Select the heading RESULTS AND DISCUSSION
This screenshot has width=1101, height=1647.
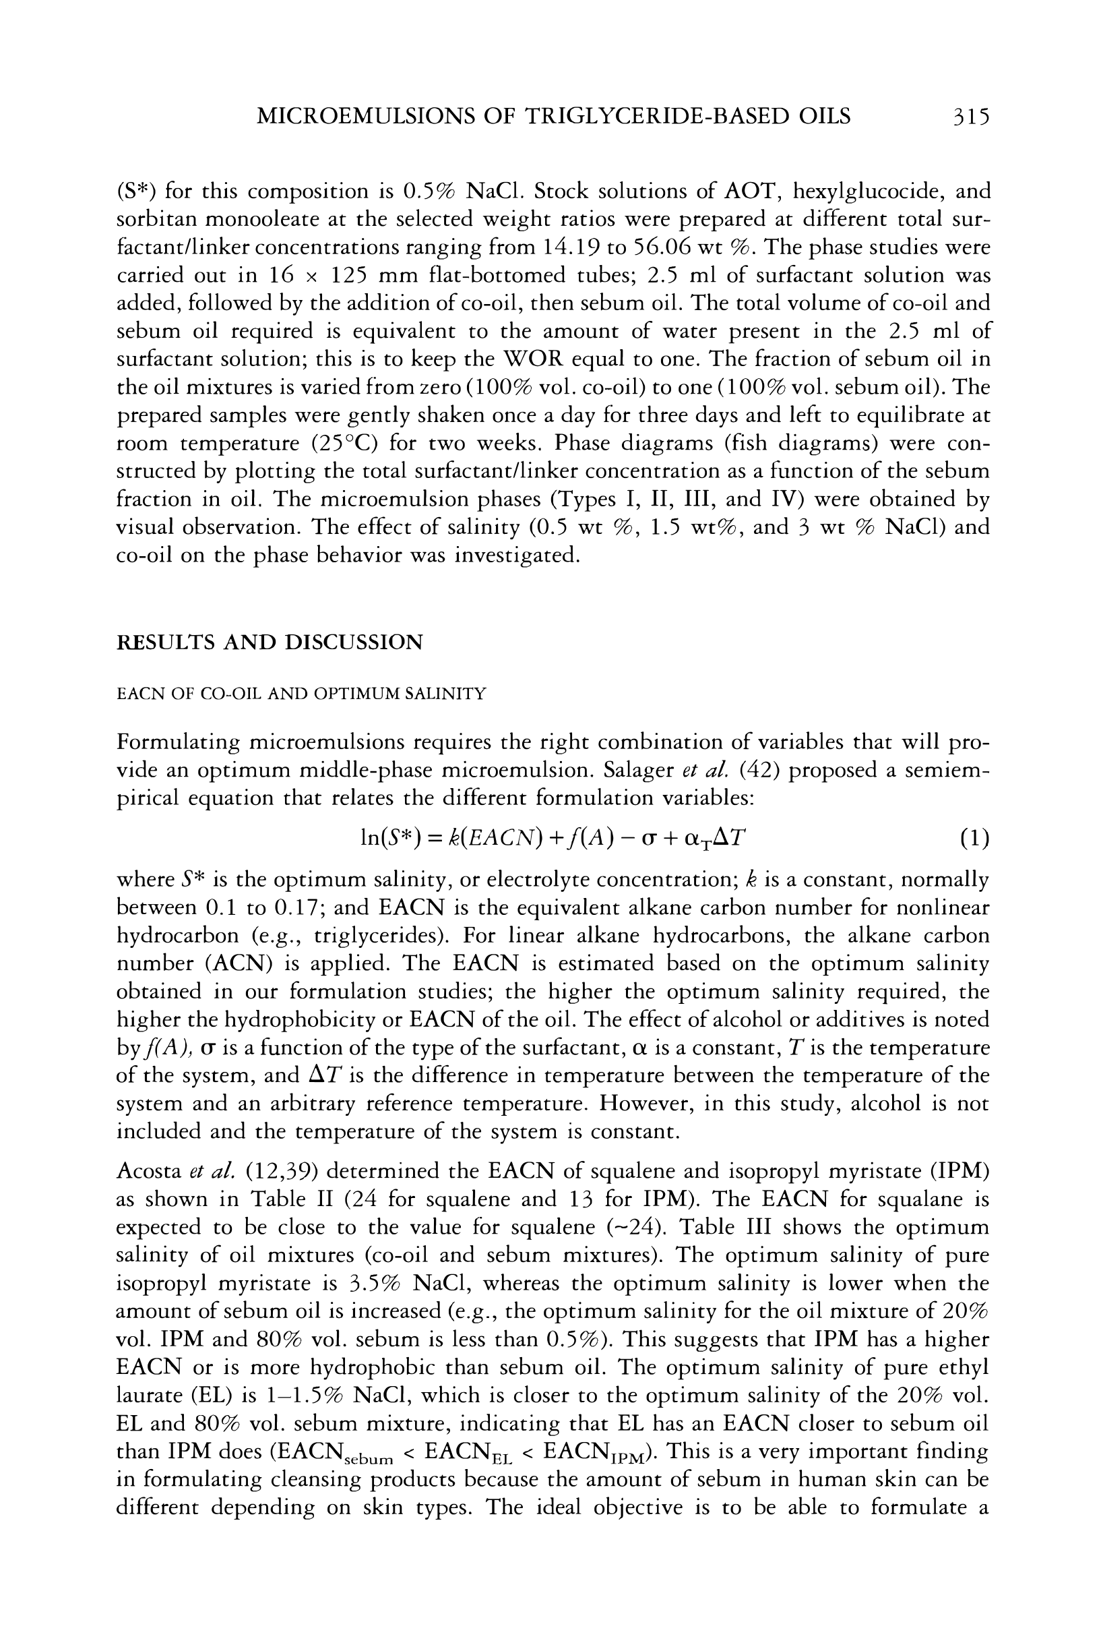(x=270, y=642)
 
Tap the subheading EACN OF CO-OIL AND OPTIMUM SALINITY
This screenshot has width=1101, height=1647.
(x=301, y=694)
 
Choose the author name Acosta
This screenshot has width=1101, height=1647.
(x=149, y=1171)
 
